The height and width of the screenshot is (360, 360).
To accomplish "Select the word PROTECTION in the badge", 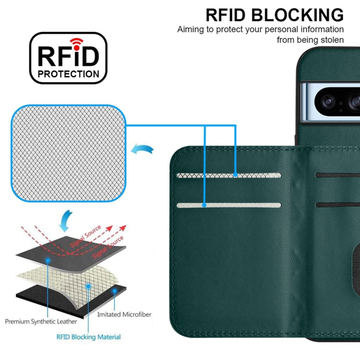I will click(69, 74).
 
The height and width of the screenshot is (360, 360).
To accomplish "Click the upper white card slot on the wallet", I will click(228, 176).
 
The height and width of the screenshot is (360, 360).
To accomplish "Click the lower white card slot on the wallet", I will click(228, 205).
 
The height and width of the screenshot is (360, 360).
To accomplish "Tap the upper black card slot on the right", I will click(338, 175).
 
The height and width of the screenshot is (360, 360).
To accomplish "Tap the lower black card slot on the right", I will click(338, 205).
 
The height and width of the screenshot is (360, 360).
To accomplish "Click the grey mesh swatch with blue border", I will click(69, 154).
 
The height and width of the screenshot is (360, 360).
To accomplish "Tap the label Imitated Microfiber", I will click(124, 314).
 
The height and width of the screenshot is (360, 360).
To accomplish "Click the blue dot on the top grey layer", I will click(48, 260).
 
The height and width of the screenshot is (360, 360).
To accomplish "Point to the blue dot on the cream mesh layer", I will click(89, 286).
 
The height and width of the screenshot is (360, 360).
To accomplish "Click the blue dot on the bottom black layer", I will click(115, 291).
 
